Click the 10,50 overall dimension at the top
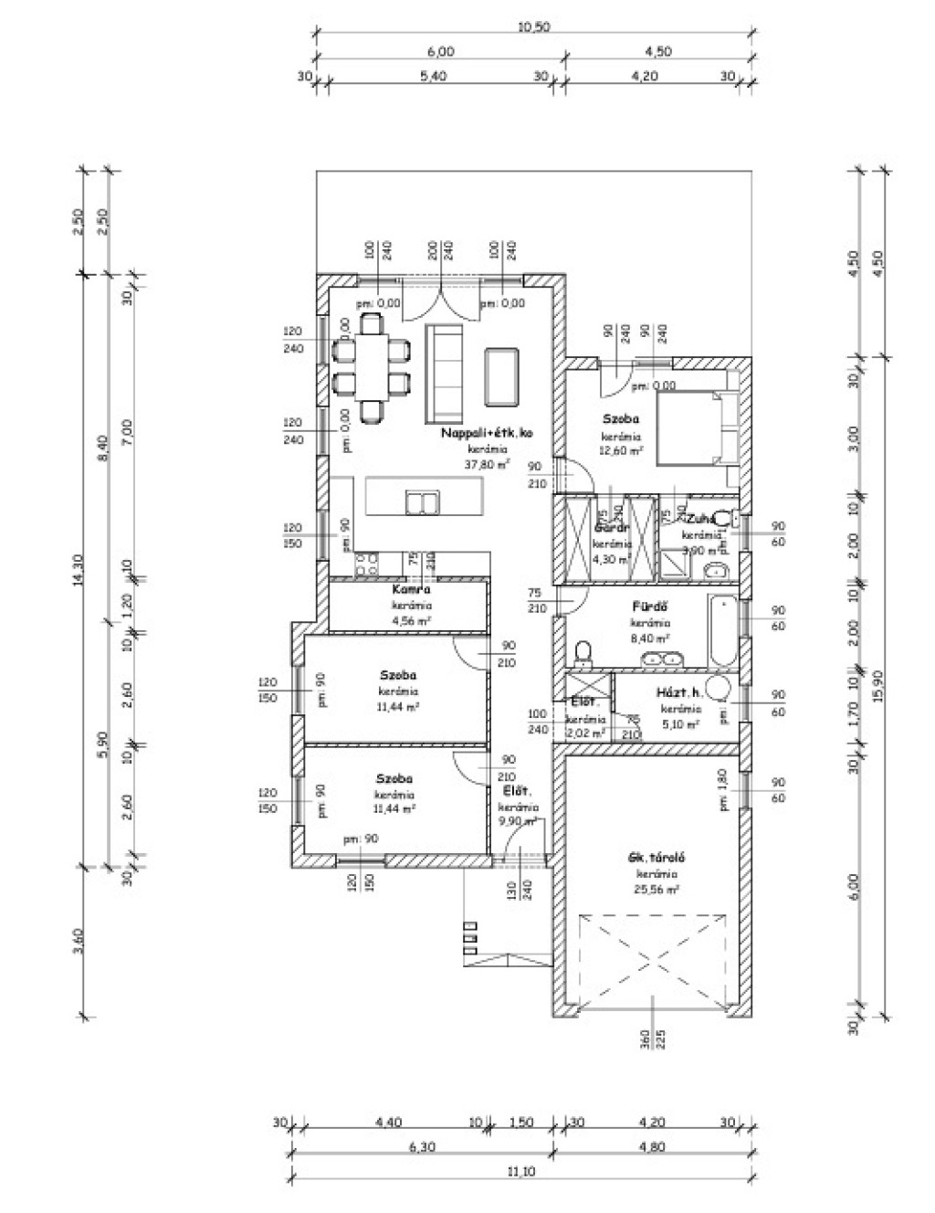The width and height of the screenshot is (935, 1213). pyautogui.click(x=534, y=26)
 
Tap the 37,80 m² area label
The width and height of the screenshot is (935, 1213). pyautogui.click(x=487, y=464)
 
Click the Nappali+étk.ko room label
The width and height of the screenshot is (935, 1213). pyautogui.click(x=487, y=433)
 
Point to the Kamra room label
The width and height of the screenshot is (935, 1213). pyautogui.click(x=411, y=590)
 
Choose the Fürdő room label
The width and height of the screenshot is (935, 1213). pyautogui.click(x=650, y=606)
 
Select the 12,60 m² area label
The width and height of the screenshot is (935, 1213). pyautogui.click(x=622, y=450)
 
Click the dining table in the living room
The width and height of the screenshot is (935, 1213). pyautogui.click(x=371, y=364)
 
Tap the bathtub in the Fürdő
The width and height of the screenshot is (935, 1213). pyautogui.click(x=720, y=629)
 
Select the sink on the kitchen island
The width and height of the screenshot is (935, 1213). pyautogui.click(x=422, y=501)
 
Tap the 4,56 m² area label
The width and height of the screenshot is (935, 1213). pyautogui.click(x=412, y=620)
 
